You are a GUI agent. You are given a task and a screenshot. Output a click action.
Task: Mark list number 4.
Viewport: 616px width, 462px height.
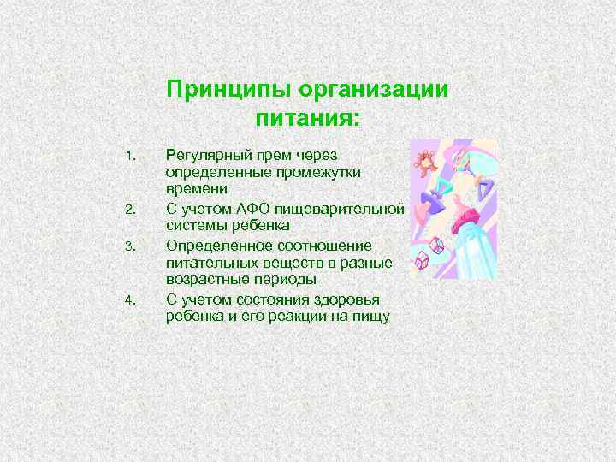(130, 300)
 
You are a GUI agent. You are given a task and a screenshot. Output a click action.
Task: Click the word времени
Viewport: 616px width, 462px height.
(196, 188)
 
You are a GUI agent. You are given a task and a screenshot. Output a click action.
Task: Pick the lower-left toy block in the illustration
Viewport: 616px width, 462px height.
(422, 259)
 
